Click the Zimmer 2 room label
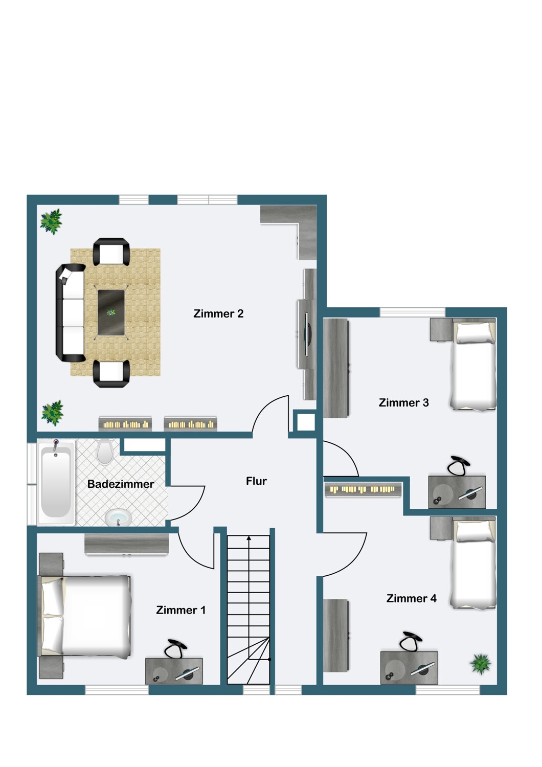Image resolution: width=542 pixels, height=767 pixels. click(218, 313)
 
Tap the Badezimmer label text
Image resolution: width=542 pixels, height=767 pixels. click(121, 484)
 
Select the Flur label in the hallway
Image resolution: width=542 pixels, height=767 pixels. click(256, 481)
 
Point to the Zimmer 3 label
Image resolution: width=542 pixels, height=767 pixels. click(403, 403)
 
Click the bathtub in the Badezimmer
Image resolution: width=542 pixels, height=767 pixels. click(56, 483)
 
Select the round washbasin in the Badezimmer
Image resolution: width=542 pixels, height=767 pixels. click(118, 517)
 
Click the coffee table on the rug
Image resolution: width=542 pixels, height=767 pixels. click(111, 312)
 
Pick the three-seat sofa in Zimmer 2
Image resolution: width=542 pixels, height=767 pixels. click(71, 313)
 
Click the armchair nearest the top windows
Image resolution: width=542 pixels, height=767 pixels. click(111, 252)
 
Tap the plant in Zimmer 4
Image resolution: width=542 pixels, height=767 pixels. click(480, 664)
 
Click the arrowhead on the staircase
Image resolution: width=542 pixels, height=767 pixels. click(249, 538)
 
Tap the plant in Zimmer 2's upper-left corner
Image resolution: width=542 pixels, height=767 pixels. click(51, 221)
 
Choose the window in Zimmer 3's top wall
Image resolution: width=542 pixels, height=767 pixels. click(413, 312)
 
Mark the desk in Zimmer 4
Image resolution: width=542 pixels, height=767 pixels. click(409, 668)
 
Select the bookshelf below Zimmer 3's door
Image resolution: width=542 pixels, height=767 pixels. click(363, 489)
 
